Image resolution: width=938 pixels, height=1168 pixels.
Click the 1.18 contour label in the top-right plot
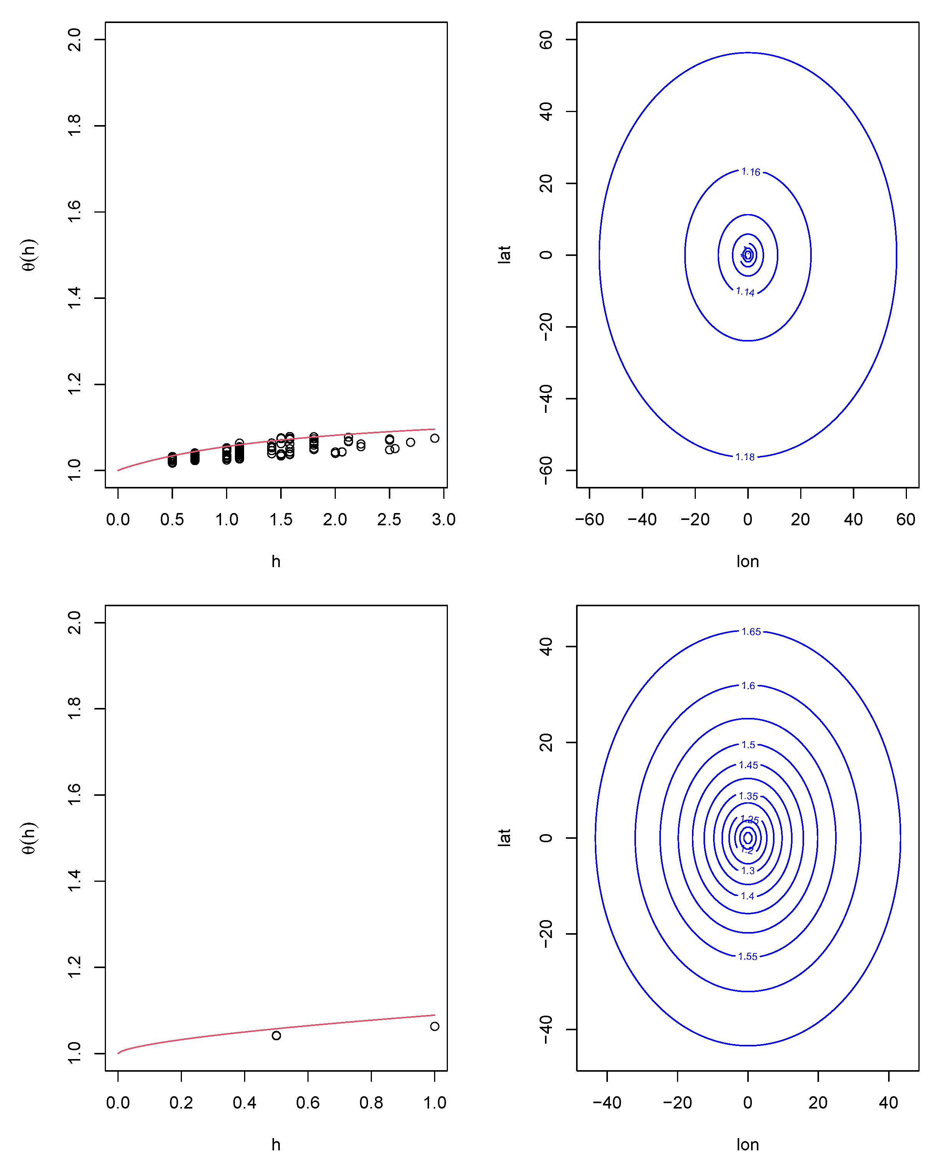pos(745,457)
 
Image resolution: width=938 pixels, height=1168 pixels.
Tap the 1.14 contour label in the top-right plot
pos(745,292)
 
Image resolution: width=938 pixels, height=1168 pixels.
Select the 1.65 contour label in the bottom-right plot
pos(751,632)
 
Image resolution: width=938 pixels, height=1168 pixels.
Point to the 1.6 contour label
pos(748,686)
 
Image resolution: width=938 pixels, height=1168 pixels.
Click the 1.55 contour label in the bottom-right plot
pos(748,956)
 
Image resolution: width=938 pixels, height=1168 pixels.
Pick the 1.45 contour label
pos(748,765)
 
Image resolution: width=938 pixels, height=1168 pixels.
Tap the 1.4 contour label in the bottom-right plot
pos(748,896)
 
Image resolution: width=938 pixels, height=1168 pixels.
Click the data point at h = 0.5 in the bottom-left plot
pos(276,1035)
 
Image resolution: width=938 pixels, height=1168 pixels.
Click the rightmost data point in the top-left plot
pos(434,438)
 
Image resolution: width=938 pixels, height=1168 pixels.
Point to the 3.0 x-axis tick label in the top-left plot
pos(443,520)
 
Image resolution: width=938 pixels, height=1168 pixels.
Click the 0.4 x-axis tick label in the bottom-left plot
pos(244,1103)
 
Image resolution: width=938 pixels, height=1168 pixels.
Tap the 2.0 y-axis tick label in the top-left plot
pos(74,40)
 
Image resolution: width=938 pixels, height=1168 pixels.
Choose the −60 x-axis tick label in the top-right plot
pos(589,520)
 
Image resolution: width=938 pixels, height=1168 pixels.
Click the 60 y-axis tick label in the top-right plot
pos(546,40)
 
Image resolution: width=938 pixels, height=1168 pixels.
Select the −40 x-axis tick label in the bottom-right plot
pos(607,1103)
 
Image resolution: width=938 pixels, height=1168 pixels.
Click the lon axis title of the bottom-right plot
pos(748,1145)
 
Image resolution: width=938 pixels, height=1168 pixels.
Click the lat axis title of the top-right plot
pos(504,255)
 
